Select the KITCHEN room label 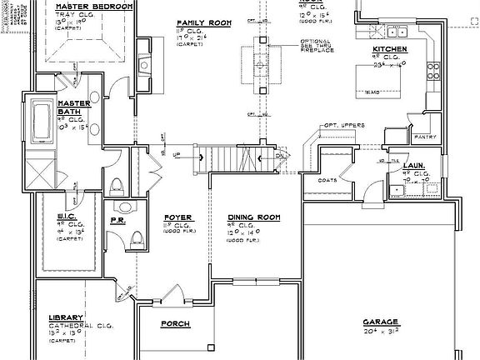(x=389, y=49)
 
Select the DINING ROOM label (x=252, y=217)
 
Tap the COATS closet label (x=327, y=178)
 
